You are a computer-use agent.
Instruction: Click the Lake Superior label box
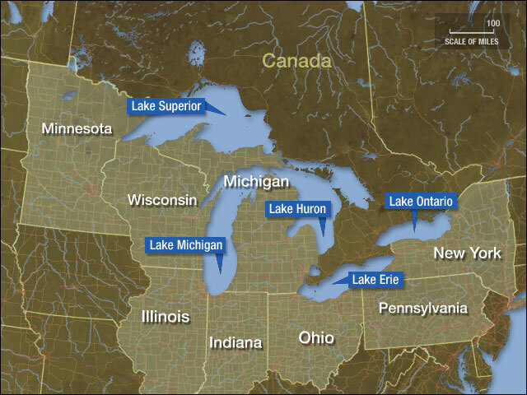[x=165, y=106]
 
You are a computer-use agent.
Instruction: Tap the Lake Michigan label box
[x=185, y=244]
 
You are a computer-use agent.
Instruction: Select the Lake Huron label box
[x=297, y=209]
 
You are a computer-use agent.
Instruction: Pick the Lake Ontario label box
[x=421, y=201]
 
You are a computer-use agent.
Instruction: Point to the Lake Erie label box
[x=375, y=281]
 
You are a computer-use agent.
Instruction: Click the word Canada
[x=296, y=62]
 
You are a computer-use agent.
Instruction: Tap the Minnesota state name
[x=77, y=129]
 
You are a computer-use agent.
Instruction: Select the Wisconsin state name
[x=162, y=200]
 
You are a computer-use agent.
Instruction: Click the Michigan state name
[x=256, y=181]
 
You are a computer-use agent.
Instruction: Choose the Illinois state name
[x=165, y=317]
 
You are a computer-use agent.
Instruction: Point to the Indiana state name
[x=235, y=342]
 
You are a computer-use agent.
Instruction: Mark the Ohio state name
[x=316, y=337]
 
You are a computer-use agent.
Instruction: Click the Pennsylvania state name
[x=422, y=309]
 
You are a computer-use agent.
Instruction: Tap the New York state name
[x=467, y=253]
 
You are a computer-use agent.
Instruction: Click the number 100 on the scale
[x=492, y=25]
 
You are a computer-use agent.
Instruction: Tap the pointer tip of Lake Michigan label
[x=220, y=273]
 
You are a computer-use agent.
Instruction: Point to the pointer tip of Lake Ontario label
[x=414, y=230]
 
